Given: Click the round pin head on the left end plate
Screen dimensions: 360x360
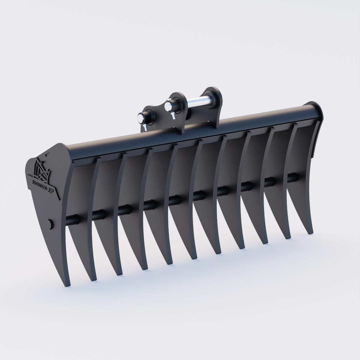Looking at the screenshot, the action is tap(50, 224).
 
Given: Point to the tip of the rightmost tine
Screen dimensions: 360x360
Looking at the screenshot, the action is tap(310, 232).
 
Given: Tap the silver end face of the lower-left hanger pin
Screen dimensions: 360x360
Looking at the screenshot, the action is tap(140, 118).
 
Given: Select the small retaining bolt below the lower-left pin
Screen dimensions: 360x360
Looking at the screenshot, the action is tap(145, 128).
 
